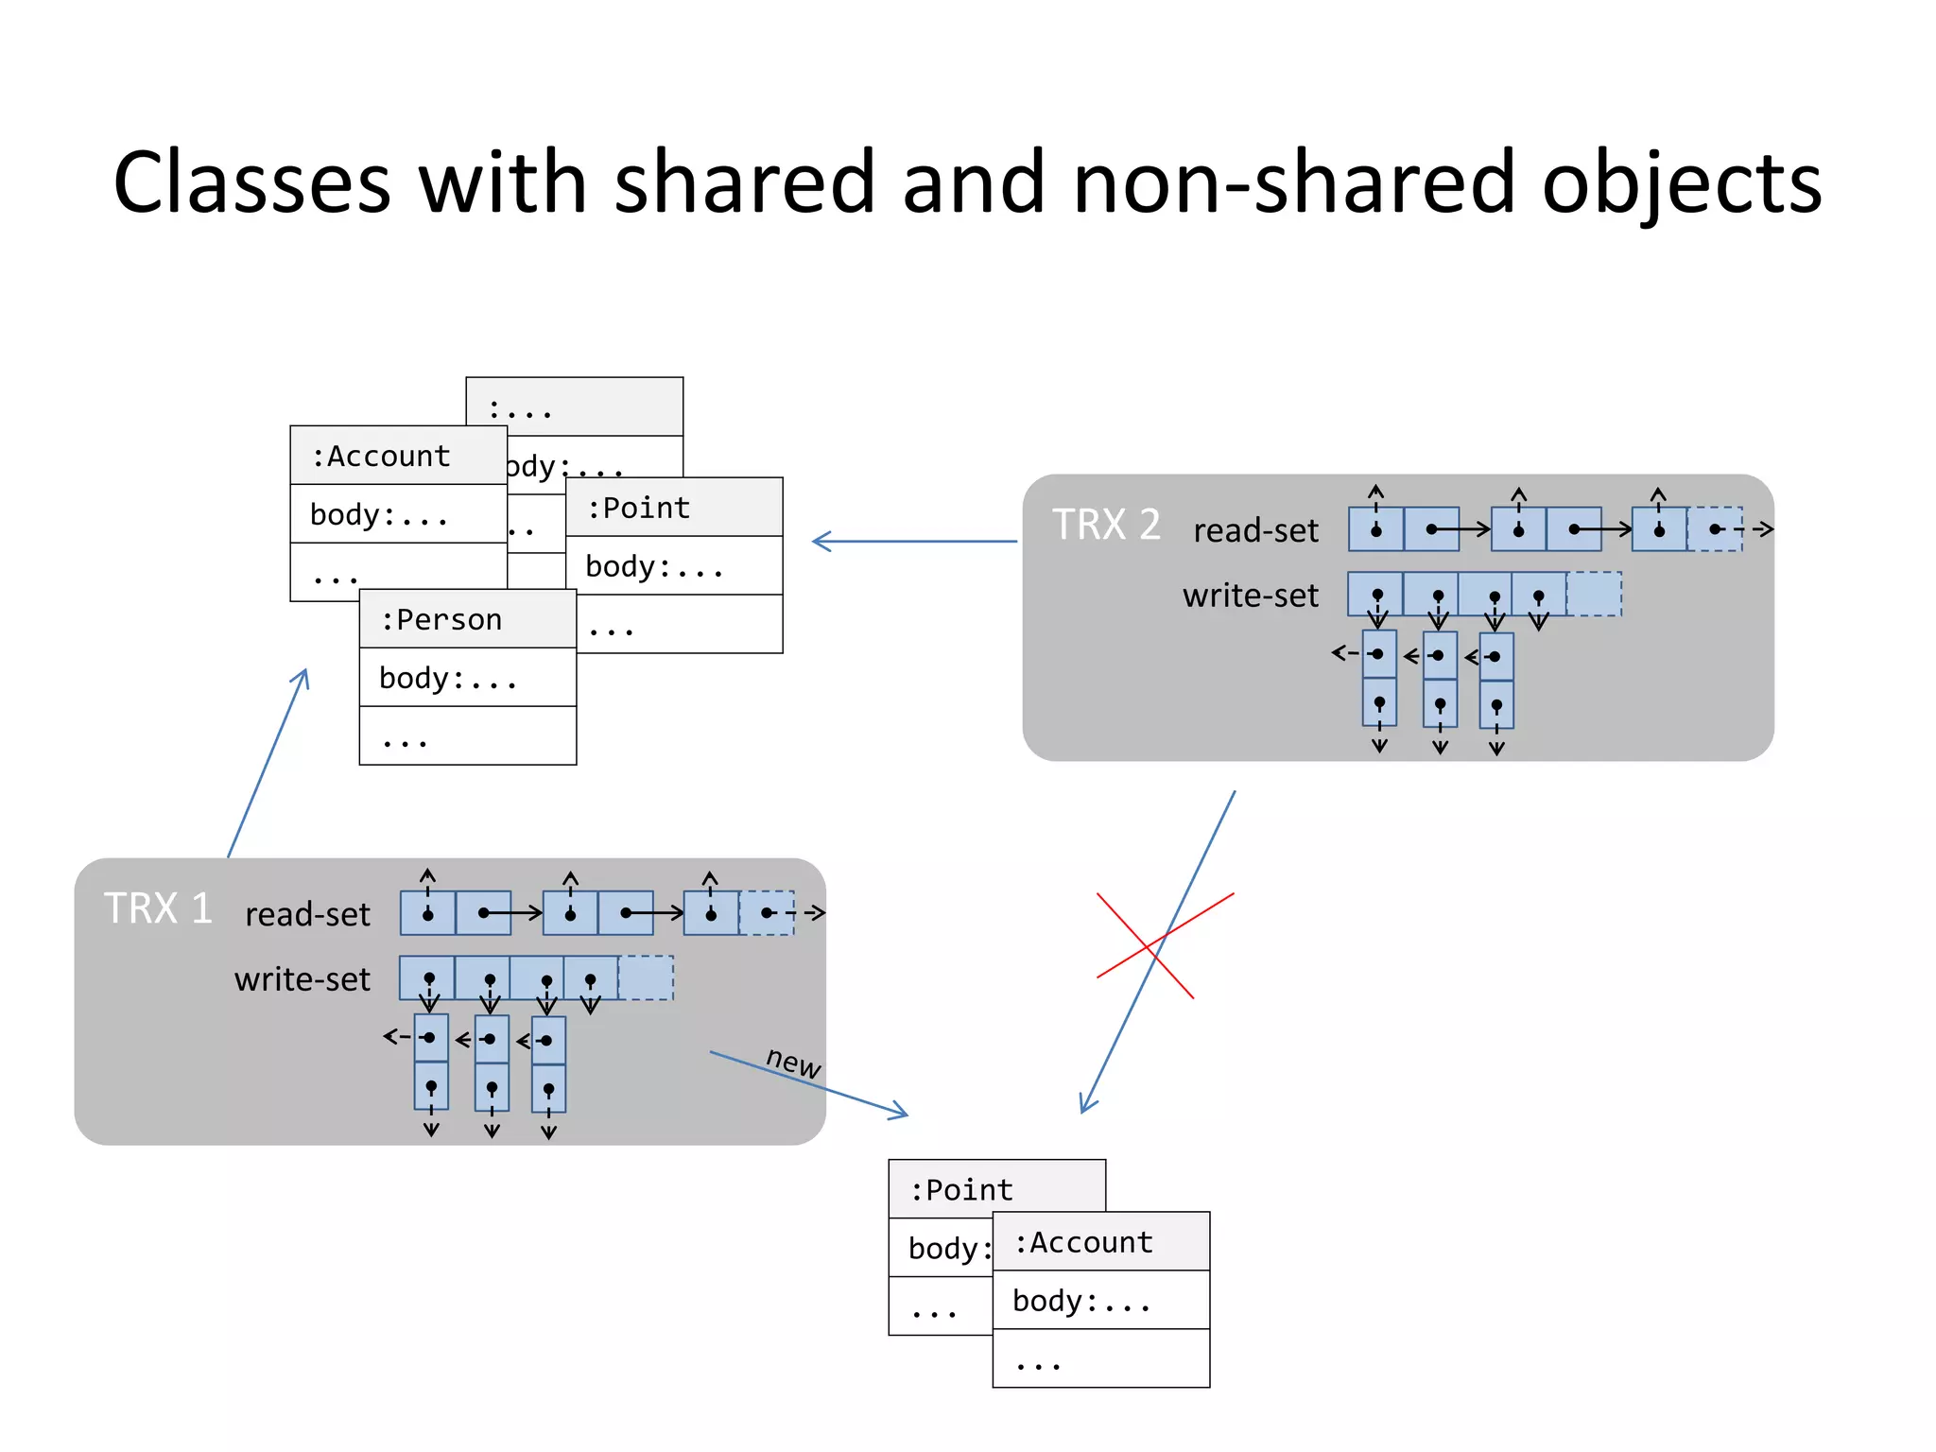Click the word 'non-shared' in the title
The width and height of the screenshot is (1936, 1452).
pos(1292,182)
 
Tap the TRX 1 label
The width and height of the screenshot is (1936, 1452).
pos(157,908)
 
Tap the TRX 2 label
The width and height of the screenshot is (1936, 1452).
pos(1106,525)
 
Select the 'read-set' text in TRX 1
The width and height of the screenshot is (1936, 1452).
pos(307,914)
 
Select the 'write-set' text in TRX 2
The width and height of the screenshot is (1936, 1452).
pos(1250,596)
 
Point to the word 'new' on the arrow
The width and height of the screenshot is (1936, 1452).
pos(792,1062)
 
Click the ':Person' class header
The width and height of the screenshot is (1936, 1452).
pos(467,620)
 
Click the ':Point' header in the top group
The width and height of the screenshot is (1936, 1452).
pos(673,508)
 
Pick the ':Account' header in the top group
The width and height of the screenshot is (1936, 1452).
pos(397,456)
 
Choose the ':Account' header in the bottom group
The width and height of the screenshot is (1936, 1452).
pos(1100,1242)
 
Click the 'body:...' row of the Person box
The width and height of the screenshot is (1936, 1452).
pos(467,678)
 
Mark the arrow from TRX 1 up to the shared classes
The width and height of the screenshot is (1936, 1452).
pos(268,764)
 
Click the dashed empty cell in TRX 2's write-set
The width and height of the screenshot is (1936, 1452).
pos(1594,594)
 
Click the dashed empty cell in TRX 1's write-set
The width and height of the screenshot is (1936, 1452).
pos(646,977)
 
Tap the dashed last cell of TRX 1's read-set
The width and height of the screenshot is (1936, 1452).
pos(767,912)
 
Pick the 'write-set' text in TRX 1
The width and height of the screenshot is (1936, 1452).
pos(302,979)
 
